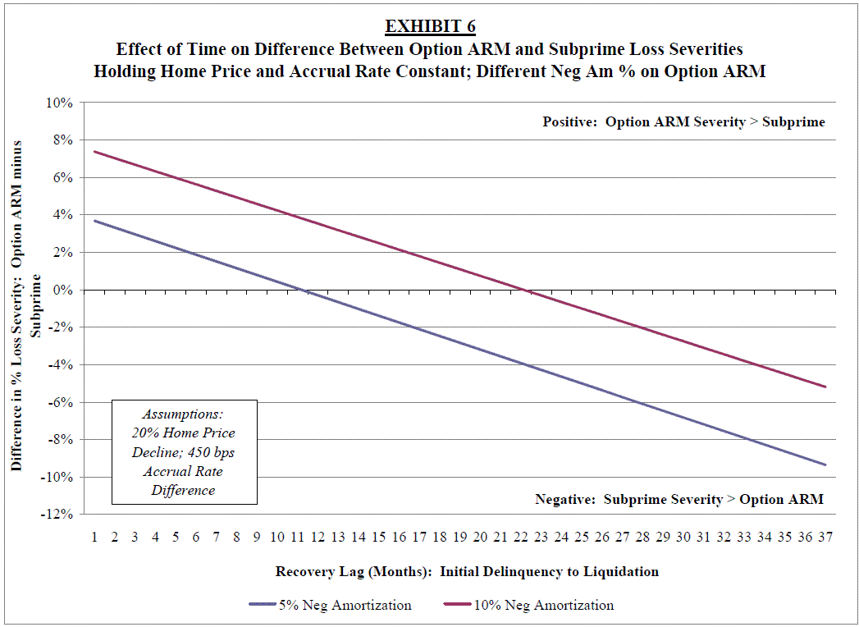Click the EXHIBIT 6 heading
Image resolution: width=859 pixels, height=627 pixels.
(430, 26)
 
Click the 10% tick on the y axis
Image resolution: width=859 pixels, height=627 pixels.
(62, 103)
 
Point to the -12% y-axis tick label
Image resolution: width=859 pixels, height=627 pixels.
(59, 515)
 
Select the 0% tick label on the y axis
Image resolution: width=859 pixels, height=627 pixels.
(65, 291)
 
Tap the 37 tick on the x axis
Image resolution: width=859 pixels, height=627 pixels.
(825, 537)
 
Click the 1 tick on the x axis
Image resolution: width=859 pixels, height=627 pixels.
(94, 537)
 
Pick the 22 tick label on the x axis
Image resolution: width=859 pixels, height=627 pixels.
(520, 537)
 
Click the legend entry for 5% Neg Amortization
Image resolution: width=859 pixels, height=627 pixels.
(330, 605)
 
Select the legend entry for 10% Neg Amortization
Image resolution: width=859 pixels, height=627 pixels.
(532, 605)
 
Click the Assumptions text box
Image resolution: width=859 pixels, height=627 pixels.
(185, 452)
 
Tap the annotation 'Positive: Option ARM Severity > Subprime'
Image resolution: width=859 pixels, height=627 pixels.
(683, 122)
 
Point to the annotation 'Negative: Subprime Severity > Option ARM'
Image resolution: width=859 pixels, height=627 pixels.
(679, 499)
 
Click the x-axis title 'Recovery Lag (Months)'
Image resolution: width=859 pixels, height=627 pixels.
(467, 571)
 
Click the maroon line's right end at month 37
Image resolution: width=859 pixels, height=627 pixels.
(825, 387)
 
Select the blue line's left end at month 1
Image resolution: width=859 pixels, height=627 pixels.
(94, 221)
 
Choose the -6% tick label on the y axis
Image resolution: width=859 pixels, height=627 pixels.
(62, 402)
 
